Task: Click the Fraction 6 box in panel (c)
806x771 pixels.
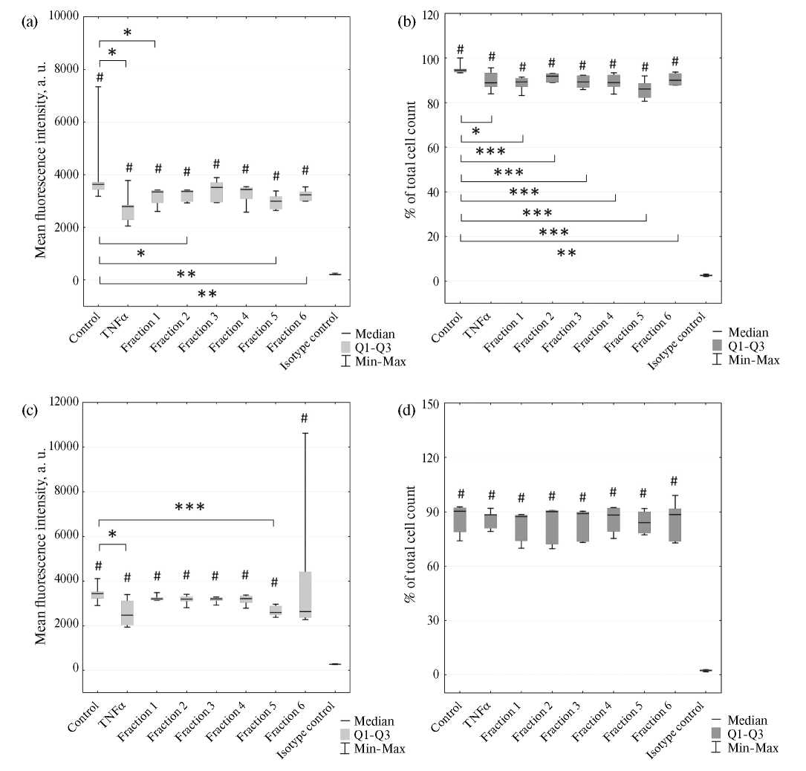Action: [x=305, y=594]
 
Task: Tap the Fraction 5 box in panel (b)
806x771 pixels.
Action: [x=645, y=89]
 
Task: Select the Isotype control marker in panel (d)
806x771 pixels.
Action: [x=706, y=670]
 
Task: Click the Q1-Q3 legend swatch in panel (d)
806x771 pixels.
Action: [x=718, y=734]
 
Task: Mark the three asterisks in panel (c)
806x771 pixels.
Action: [x=189, y=508]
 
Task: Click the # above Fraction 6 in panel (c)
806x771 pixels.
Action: [x=305, y=419]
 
